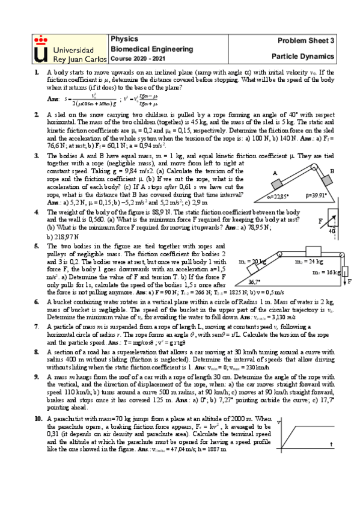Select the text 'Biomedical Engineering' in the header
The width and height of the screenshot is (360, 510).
(x=152, y=49)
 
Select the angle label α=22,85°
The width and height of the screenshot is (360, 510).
(x=270, y=195)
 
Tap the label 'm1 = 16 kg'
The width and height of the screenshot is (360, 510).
(x=324, y=272)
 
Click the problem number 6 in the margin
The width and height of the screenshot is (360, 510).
(x=37, y=300)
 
